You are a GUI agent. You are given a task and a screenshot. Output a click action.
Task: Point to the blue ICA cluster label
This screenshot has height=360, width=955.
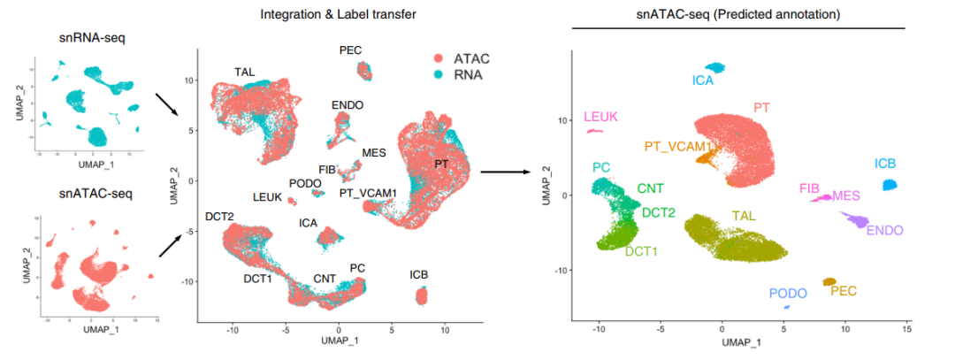[703, 80]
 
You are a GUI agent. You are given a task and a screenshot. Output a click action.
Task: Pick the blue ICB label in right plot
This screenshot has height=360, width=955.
[886, 164]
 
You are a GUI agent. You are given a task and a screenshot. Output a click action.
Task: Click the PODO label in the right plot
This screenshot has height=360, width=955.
[788, 294]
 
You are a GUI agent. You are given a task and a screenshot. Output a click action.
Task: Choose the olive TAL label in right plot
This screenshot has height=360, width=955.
[745, 215]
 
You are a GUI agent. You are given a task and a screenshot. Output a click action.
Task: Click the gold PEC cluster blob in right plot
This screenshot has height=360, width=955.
[829, 282]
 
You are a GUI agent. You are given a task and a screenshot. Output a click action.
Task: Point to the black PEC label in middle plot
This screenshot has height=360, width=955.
[351, 50]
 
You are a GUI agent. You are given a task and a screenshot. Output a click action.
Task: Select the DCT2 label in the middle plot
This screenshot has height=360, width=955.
[219, 217]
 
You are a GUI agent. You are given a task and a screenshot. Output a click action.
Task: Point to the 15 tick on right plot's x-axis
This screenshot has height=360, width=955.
[906, 328]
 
